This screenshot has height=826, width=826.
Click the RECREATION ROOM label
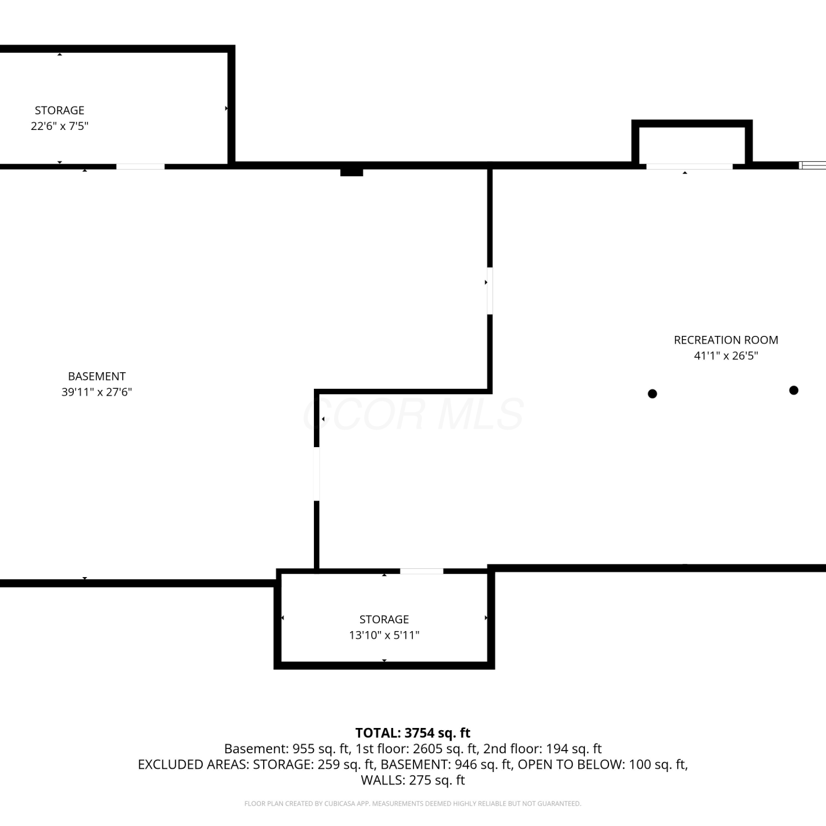(x=726, y=340)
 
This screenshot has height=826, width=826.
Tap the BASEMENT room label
(x=97, y=376)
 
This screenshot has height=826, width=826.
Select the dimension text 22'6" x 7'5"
(x=59, y=126)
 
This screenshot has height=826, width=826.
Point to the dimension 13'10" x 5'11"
(x=384, y=635)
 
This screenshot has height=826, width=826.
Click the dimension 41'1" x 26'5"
(x=726, y=356)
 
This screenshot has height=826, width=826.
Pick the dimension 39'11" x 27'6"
(x=97, y=392)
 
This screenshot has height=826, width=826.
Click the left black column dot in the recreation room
(x=653, y=394)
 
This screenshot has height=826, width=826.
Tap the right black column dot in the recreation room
(x=794, y=390)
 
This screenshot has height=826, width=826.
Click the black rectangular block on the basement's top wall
(x=351, y=172)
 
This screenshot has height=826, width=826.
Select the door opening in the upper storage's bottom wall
(x=140, y=166)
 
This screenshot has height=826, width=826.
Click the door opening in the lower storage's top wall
(x=422, y=571)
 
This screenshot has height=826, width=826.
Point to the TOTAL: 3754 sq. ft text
(x=413, y=733)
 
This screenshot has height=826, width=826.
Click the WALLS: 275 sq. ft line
(x=413, y=780)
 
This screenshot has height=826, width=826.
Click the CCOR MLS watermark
(x=413, y=414)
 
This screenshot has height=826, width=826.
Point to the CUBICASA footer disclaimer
(x=413, y=803)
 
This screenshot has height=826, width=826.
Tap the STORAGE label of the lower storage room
(x=384, y=619)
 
